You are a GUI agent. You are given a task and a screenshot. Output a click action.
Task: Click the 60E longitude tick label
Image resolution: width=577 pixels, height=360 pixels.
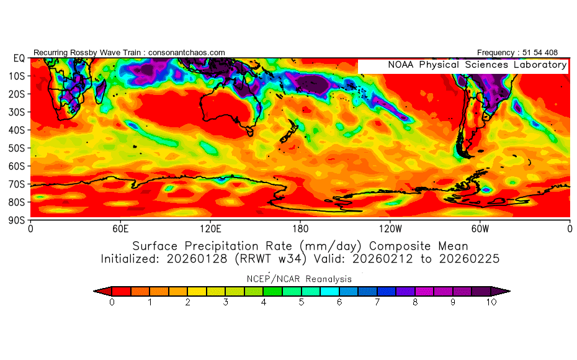coord(120,228)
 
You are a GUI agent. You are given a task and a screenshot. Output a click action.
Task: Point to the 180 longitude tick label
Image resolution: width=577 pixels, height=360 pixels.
coord(300,228)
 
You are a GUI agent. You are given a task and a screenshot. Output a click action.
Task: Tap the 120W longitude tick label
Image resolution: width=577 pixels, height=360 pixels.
coord(390,228)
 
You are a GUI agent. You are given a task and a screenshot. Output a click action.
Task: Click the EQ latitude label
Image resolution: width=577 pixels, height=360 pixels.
coord(19,58)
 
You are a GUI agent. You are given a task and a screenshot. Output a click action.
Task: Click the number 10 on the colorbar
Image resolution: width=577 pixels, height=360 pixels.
coord(491,302)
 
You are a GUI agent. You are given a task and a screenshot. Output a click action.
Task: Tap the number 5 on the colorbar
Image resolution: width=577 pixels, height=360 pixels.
coord(302,302)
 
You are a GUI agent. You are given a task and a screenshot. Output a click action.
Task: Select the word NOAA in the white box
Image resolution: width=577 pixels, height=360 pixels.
coord(401,65)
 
